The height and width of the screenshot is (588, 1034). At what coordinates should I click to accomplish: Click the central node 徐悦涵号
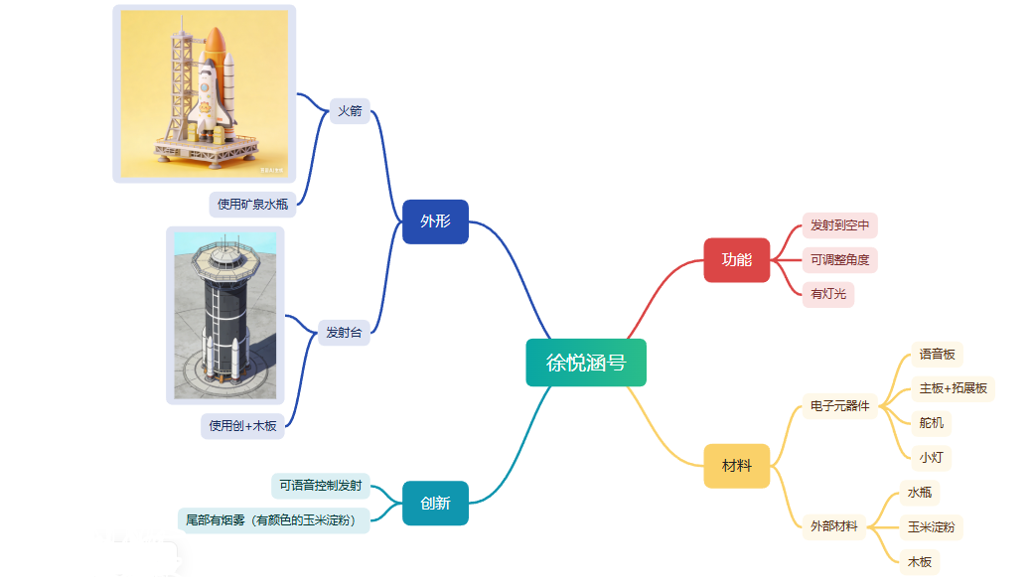(x=586, y=363)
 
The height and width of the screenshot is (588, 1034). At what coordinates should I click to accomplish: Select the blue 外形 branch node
(x=435, y=221)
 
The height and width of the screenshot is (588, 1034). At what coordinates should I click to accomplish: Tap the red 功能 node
(x=737, y=259)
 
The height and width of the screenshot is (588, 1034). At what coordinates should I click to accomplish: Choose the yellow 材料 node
(x=737, y=466)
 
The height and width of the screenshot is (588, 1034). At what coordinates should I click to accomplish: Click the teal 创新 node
(x=435, y=503)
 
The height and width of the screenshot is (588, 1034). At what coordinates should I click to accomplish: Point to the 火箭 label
(x=350, y=110)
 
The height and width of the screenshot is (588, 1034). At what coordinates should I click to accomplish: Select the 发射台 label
(x=344, y=332)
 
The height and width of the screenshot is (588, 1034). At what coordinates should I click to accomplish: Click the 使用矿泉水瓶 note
(x=252, y=205)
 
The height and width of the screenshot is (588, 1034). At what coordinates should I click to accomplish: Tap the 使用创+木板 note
(x=242, y=426)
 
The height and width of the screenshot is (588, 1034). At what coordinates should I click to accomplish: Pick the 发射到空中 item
(x=839, y=224)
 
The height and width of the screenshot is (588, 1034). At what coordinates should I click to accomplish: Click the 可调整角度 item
(x=839, y=259)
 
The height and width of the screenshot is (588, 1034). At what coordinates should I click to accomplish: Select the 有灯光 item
(x=828, y=294)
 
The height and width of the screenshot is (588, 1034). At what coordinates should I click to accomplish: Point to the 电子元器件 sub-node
(x=839, y=406)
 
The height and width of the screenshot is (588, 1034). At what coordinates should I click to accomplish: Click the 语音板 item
(x=937, y=354)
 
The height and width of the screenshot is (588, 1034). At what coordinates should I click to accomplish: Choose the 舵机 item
(x=931, y=422)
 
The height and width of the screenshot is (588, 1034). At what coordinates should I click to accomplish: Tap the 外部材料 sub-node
(x=833, y=526)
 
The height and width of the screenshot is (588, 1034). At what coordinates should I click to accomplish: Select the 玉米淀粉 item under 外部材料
(x=931, y=526)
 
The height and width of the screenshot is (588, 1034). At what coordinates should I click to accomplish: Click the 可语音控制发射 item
(x=321, y=485)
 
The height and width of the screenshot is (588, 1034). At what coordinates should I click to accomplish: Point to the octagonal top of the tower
(x=224, y=259)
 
